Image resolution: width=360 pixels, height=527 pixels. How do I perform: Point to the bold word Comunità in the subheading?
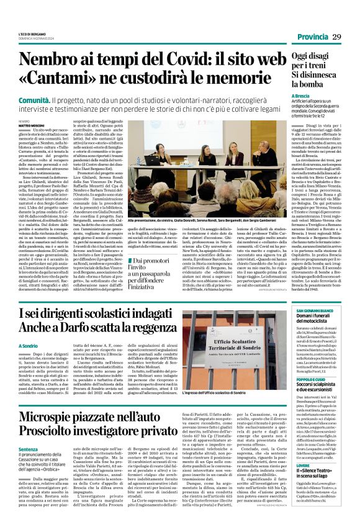(x=35, y=100)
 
